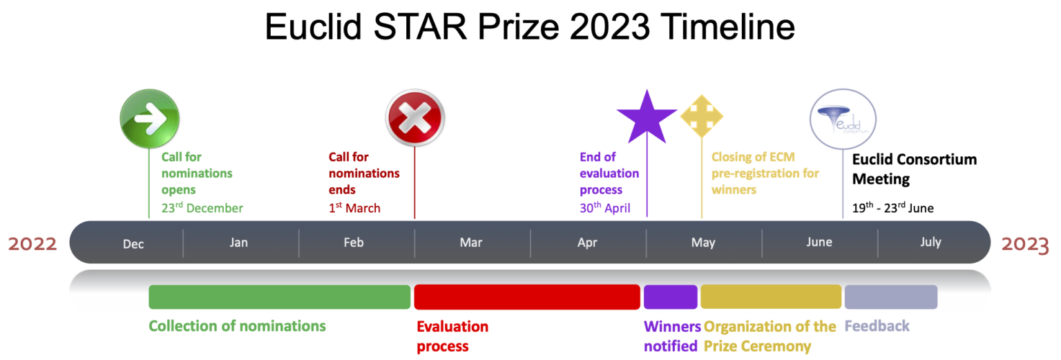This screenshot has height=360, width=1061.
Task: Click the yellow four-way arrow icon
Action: click(x=701, y=115)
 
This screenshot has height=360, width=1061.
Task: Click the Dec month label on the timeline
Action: click(x=133, y=243)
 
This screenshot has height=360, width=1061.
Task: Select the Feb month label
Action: click(x=353, y=243)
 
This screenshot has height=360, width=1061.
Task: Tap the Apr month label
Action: click(x=587, y=243)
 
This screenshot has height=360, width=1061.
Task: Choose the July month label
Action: click(x=930, y=243)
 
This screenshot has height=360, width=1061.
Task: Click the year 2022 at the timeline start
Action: click(x=32, y=244)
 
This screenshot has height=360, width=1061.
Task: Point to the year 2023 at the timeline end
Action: click(x=1025, y=244)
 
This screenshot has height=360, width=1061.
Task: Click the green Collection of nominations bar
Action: click(x=279, y=296)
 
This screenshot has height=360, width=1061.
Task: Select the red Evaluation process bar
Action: click(x=526, y=296)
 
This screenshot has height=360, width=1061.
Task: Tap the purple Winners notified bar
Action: click(x=670, y=296)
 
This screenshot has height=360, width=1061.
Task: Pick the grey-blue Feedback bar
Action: click(x=890, y=296)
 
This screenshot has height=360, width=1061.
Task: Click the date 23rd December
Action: click(x=202, y=208)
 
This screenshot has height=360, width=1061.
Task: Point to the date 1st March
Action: click(x=354, y=208)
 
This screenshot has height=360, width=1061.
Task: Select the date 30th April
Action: click(x=605, y=208)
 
